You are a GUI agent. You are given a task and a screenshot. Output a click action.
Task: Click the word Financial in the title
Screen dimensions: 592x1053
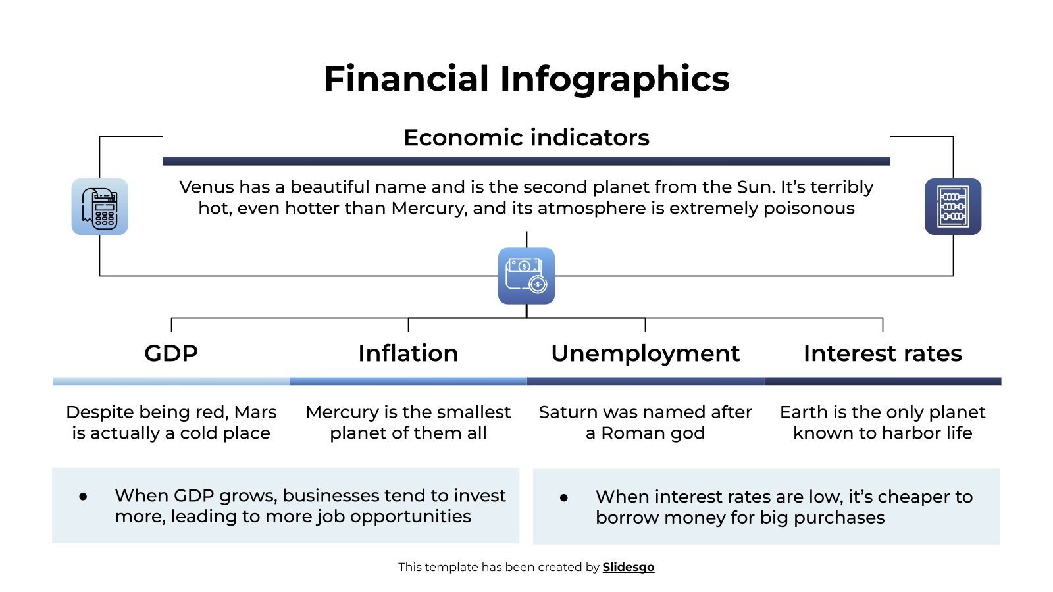click(x=406, y=79)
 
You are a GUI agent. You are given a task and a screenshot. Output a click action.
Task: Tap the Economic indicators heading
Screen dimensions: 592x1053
click(x=526, y=137)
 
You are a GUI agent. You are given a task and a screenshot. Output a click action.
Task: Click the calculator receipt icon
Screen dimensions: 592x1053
click(x=99, y=207)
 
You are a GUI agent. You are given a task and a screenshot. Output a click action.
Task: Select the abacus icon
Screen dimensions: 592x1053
click(x=952, y=207)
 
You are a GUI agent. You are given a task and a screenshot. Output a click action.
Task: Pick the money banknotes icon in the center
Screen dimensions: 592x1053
click(x=526, y=276)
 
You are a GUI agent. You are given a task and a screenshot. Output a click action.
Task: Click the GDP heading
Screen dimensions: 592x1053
click(x=171, y=353)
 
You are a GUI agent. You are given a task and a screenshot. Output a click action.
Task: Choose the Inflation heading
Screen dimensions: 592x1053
click(x=408, y=353)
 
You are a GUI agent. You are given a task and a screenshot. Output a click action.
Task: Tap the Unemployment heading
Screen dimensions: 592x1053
click(x=645, y=353)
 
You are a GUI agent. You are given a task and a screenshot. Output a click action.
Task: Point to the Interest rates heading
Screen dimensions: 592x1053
click(x=882, y=353)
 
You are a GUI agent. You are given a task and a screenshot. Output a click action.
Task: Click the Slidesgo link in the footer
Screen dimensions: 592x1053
click(x=628, y=567)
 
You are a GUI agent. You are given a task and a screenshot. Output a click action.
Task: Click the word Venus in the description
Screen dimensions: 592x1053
click(x=206, y=187)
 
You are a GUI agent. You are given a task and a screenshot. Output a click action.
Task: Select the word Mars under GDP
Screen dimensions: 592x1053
click(x=255, y=412)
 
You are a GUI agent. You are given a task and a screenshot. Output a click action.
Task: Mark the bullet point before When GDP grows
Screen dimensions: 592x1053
click(x=83, y=497)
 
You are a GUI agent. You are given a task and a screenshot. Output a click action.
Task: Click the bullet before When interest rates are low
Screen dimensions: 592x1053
click(x=564, y=498)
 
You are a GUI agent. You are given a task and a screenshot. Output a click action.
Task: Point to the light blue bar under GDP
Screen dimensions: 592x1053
click(x=171, y=382)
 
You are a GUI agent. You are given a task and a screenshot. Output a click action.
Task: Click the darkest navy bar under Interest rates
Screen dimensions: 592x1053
click(x=882, y=382)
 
